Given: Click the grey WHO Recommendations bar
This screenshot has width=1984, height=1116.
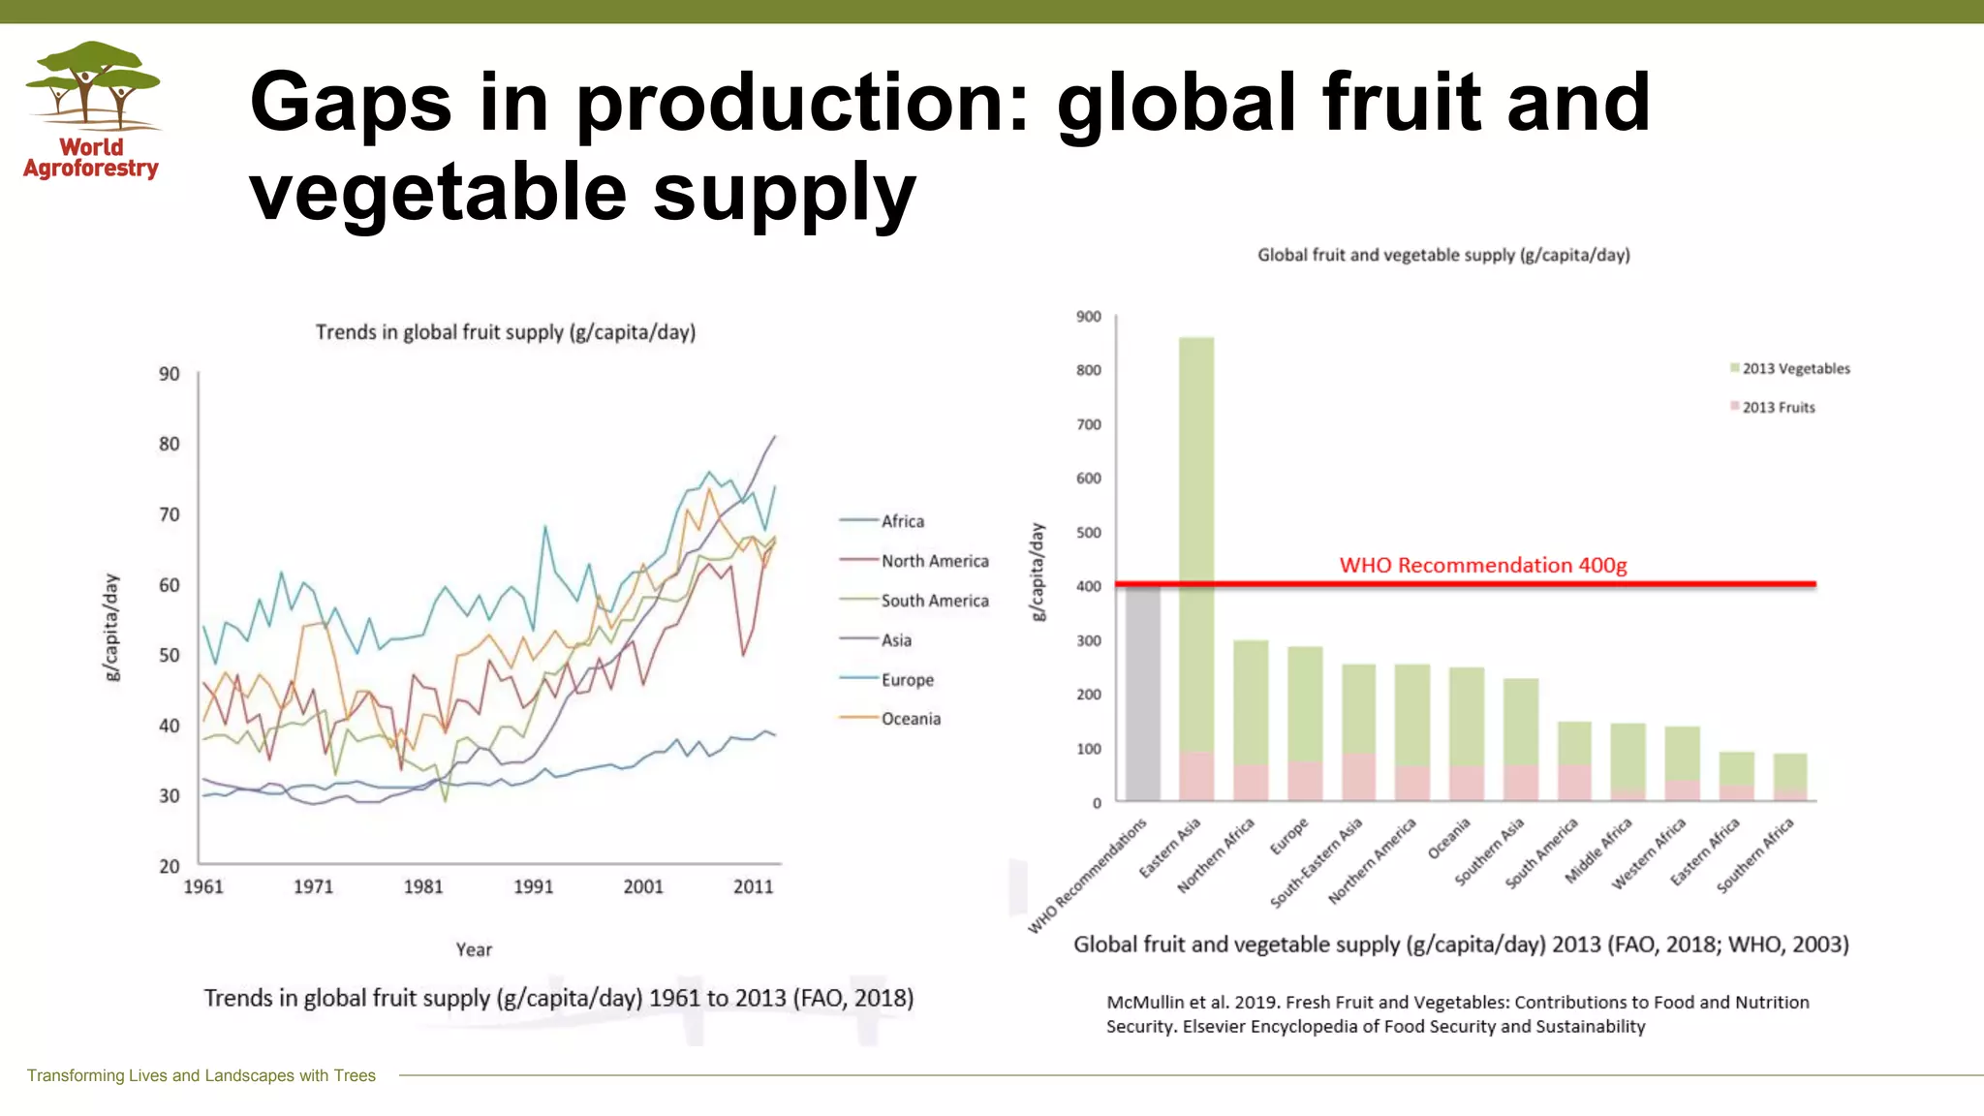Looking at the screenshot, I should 1142,693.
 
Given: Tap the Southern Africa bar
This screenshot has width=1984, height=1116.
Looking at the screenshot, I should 1790,777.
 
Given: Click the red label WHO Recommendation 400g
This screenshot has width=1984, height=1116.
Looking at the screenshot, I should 1482,565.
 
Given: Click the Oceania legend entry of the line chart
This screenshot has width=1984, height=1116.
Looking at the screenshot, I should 911,719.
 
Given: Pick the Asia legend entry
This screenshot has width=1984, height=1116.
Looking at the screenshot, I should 896,640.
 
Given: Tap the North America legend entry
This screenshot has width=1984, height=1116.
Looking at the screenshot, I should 934,561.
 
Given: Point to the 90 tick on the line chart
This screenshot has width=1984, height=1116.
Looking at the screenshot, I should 170,374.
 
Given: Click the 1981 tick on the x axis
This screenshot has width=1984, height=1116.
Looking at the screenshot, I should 423,886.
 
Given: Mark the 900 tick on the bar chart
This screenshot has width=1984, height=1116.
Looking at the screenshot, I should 1088,317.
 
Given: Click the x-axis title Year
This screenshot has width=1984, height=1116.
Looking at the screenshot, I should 474,949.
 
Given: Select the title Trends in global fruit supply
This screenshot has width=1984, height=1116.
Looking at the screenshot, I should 505,332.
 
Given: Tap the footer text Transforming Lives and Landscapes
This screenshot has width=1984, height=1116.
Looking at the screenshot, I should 201,1075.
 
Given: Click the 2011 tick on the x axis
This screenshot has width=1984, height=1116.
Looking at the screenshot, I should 753,886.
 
